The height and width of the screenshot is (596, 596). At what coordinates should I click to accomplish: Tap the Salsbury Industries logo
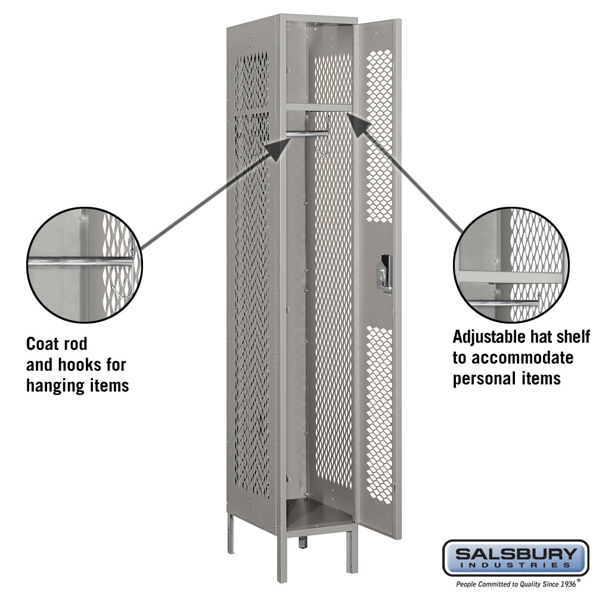point(516,558)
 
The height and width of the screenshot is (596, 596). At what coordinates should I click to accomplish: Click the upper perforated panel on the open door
point(380,134)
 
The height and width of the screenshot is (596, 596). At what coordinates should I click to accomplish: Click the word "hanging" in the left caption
point(51,385)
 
